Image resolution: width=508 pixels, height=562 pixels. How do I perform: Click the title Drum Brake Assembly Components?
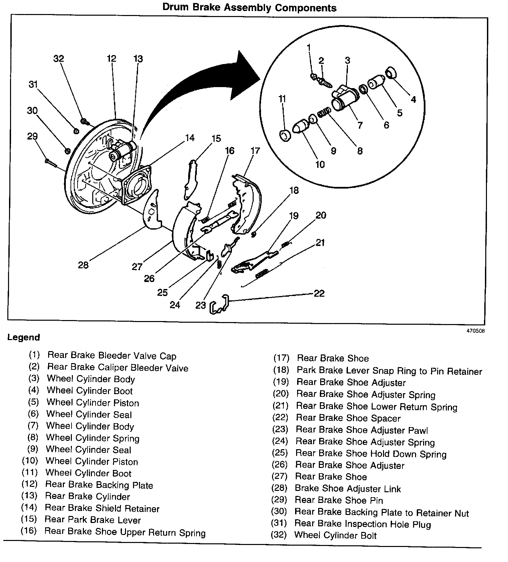249,7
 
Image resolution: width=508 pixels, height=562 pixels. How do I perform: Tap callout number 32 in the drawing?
58,59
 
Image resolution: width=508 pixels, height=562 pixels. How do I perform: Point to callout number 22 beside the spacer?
319,293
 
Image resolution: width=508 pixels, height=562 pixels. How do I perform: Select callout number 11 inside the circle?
282,99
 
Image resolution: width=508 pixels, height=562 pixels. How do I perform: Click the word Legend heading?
23,337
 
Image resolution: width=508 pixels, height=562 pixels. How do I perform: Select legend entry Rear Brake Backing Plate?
99,485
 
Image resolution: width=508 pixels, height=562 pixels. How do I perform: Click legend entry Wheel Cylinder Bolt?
335,535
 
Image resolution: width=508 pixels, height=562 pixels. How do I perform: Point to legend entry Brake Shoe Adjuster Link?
348,489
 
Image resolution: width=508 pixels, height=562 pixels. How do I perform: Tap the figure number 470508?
476,331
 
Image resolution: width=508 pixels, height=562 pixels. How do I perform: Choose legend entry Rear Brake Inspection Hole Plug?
363,524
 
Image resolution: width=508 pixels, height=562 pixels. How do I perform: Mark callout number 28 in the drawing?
83,265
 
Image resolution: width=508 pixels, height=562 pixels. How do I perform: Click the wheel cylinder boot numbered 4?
390,73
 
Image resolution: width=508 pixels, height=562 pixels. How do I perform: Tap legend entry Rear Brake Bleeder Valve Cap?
112,356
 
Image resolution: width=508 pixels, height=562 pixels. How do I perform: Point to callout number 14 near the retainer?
189,137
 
